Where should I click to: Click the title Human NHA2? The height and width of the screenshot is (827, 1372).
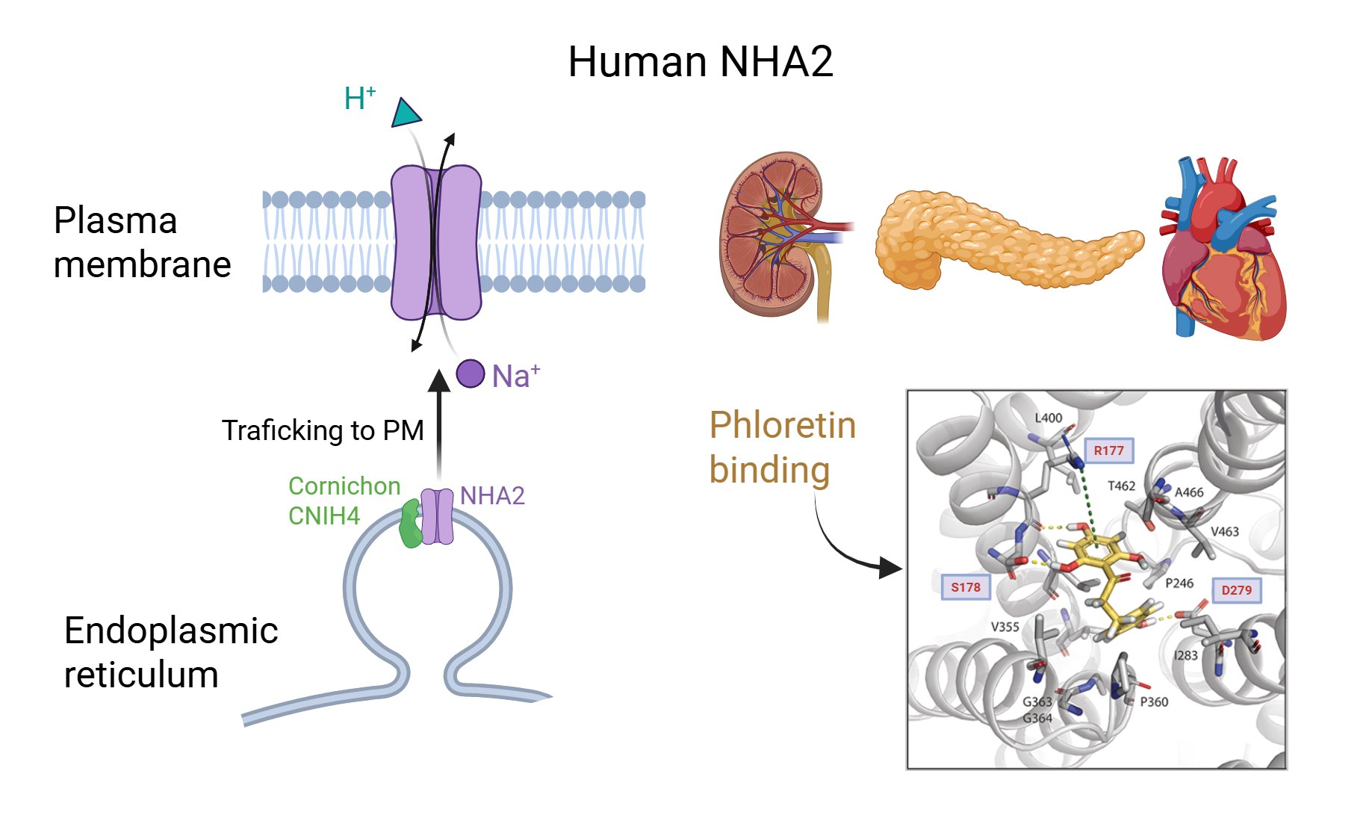point(700,61)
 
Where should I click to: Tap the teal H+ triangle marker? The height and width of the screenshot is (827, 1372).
point(406,114)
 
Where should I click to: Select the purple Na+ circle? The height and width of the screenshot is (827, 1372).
point(471,374)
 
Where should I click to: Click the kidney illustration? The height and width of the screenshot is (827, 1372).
point(777,235)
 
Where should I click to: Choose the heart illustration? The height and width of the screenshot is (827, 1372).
point(1221,254)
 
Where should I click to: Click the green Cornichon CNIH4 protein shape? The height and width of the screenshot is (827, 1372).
point(410,524)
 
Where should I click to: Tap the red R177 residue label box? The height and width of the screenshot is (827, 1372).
point(1108,450)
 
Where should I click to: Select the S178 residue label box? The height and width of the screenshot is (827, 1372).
point(965,587)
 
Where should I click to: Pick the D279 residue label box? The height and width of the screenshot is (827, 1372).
point(1236,590)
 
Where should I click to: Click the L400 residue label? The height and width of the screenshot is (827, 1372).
point(1048,418)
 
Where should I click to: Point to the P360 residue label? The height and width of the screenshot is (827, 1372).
point(1154,701)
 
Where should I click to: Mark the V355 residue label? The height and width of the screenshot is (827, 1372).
point(1005,627)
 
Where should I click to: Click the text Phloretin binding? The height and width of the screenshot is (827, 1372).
point(782,447)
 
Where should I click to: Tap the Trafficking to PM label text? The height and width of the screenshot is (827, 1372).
point(323,431)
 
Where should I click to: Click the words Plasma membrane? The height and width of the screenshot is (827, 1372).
point(142,242)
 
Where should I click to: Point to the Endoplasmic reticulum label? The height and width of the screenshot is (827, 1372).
point(170,651)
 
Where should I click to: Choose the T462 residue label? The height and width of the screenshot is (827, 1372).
point(1121,486)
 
